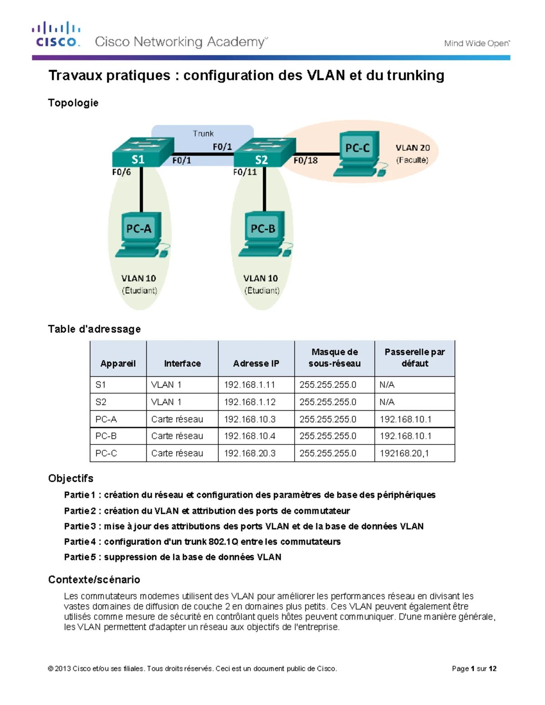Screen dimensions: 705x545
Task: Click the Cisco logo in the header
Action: pos(56,35)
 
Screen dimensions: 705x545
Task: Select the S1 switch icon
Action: pos(143,152)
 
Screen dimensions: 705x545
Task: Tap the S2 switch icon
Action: pos(265,153)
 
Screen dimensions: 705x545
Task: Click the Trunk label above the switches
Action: pos(203,133)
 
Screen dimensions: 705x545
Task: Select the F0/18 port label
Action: pos(305,160)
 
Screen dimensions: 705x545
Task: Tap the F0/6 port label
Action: pos(121,172)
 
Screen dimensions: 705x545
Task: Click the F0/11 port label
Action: pos(245,172)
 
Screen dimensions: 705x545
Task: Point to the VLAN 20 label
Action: pos(412,148)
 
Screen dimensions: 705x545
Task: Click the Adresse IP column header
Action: pos(256,363)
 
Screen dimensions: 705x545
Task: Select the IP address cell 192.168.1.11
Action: pos(249,385)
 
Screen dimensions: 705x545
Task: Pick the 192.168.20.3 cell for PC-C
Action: pos(249,453)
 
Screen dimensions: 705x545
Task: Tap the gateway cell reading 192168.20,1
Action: pos(404,453)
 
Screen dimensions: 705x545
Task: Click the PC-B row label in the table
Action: pos(106,436)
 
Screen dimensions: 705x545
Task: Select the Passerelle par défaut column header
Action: pos(414,358)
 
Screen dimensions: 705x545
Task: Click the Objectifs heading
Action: pos(71,478)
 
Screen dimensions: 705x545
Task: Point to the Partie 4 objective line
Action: pos(202,542)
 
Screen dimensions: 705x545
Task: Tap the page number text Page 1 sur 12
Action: pos(474,668)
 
